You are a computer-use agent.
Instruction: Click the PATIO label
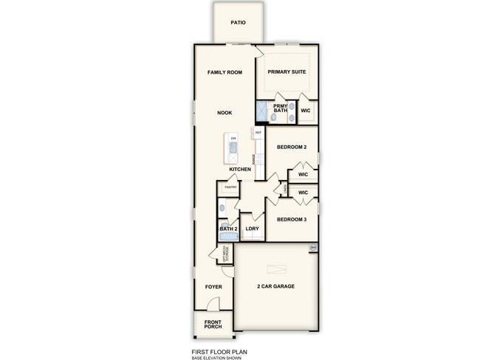[238, 23]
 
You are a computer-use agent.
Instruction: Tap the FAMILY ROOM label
[224, 72]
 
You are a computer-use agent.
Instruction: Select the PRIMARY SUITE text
[287, 72]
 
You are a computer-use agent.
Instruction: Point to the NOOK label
[224, 113]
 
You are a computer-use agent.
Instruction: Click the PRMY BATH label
[281, 108]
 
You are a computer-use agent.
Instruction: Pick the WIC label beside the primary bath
[306, 111]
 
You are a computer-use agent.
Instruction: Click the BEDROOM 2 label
[291, 148]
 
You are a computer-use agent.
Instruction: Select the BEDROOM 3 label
[291, 219]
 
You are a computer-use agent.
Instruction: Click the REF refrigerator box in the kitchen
[258, 133]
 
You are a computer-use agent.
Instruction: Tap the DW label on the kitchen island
[233, 139]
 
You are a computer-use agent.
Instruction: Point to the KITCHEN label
[240, 170]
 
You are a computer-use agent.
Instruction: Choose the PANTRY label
[230, 187]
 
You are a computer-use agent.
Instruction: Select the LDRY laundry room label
[252, 229]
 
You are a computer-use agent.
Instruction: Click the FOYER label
[213, 286]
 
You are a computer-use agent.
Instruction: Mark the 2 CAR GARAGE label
[276, 286]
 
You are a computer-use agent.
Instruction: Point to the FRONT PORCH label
[213, 323]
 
